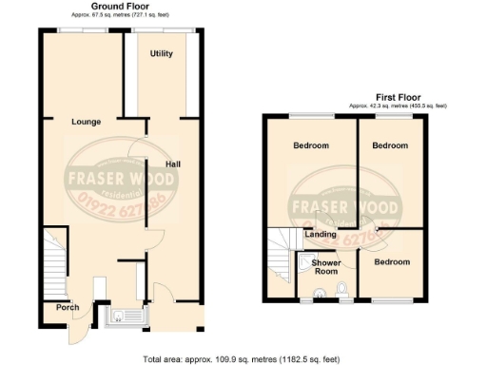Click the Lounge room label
click(86, 122)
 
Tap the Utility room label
click(161, 54)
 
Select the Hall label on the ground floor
click(173, 163)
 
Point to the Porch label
click(68, 307)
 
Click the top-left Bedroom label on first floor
click(311, 145)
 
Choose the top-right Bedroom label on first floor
click(390, 145)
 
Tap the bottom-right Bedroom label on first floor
click(391, 261)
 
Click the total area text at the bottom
click(243, 358)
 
